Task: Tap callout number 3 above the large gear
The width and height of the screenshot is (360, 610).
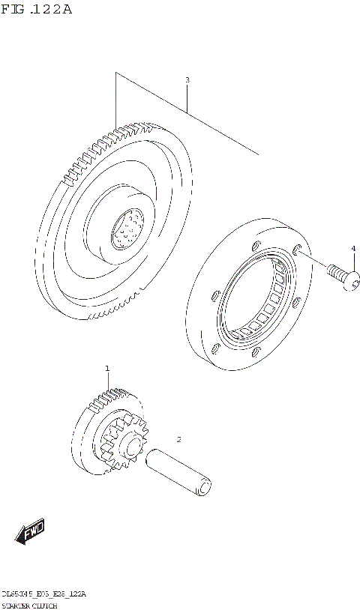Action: (x=187, y=79)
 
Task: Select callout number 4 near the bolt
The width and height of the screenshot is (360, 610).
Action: (x=353, y=248)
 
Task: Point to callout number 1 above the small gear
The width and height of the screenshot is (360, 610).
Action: (x=107, y=368)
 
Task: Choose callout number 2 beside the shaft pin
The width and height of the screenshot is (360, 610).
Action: (x=178, y=439)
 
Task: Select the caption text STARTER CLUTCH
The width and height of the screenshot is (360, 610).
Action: (x=29, y=605)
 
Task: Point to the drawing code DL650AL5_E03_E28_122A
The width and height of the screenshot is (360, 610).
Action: (x=43, y=594)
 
